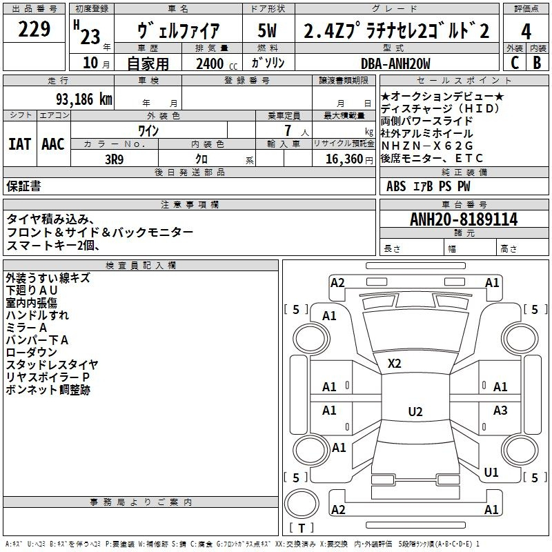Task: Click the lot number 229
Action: [34, 29]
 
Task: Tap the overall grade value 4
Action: [526, 32]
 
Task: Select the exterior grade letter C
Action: [515, 63]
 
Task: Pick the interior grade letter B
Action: [537, 63]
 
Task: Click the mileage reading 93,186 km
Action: [83, 99]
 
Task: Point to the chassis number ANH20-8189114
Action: [464, 219]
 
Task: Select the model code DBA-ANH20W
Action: [395, 63]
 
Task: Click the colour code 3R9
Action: [114, 159]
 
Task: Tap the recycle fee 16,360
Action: [344, 159]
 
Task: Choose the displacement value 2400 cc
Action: [217, 63]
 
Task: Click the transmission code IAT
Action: [19, 144]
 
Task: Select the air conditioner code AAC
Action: [53, 144]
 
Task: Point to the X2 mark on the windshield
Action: [394, 364]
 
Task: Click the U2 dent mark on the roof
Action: [415, 411]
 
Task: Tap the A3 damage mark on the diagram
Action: [500, 410]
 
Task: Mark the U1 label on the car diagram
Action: [491, 472]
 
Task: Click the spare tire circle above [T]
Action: [302, 504]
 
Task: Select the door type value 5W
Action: [267, 30]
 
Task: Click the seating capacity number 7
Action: [288, 130]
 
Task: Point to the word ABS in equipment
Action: [395, 186]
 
